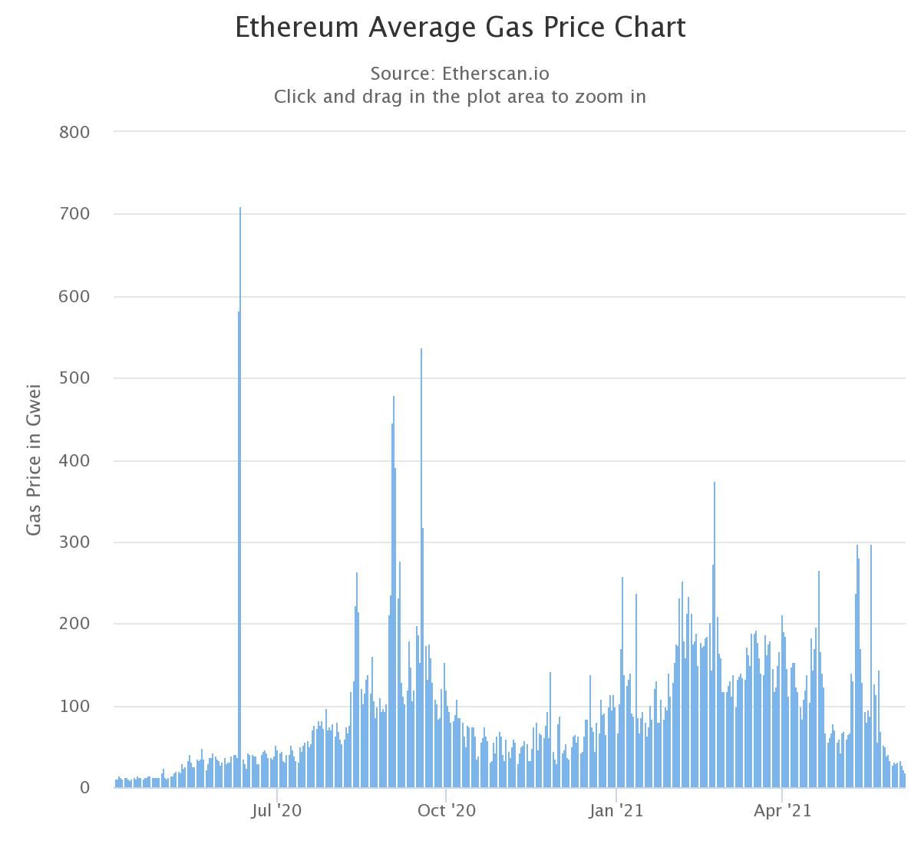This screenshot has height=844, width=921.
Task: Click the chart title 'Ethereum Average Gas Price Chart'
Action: (x=460, y=28)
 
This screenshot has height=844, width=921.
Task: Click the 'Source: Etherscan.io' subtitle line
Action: (x=460, y=74)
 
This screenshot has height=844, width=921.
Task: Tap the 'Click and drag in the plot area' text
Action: (x=460, y=97)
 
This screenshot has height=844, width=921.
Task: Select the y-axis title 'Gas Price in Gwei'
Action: (x=34, y=460)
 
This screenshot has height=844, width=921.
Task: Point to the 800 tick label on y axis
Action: (x=74, y=133)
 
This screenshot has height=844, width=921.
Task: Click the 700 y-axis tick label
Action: (x=74, y=215)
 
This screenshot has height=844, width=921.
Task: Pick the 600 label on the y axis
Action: (x=74, y=297)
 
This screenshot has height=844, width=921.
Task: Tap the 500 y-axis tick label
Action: (x=74, y=379)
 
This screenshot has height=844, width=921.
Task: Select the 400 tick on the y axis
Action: (x=74, y=461)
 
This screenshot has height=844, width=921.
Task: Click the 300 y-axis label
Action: (x=74, y=543)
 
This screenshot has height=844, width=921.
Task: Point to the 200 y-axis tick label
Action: (x=74, y=625)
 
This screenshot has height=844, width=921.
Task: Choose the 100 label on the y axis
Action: (x=74, y=707)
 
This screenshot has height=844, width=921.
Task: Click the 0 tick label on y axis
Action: (x=84, y=788)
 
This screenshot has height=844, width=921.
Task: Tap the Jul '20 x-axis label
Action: (x=276, y=811)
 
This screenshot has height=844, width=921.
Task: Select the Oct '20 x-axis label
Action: (x=446, y=811)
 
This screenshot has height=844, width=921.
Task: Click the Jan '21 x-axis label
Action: (x=616, y=811)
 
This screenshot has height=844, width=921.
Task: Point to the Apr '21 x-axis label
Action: (x=782, y=811)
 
